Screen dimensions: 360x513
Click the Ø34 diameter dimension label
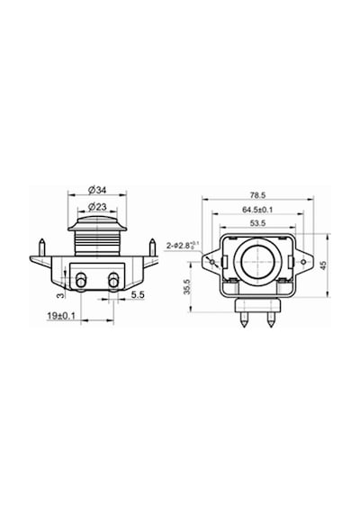(97, 190)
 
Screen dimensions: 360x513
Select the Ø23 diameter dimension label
(97, 207)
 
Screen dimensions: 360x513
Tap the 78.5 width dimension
(258, 195)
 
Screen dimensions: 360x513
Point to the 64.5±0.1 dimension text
(257, 210)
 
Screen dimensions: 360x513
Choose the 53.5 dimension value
(258, 223)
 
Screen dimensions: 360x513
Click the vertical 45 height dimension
(323, 265)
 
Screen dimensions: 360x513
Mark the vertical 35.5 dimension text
(187, 287)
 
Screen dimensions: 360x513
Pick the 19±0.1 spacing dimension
(61, 316)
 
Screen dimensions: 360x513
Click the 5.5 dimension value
(138, 295)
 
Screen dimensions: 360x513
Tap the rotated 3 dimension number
(60, 295)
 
